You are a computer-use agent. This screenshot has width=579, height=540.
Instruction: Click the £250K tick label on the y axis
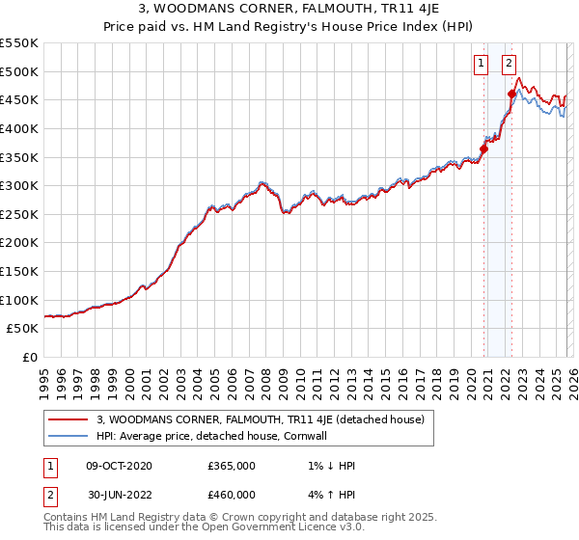[19, 214]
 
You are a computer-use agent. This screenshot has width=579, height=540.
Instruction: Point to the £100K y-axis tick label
[19, 300]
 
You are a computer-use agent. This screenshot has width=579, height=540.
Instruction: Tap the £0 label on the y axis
[29, 357]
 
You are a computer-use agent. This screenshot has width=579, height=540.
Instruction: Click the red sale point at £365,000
[483, 148]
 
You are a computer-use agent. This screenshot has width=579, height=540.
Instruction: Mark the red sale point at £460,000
[512, 94]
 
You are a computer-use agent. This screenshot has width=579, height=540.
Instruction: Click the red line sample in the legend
[68, 419]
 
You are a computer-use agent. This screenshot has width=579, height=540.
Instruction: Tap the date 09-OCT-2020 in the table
[119, 465]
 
